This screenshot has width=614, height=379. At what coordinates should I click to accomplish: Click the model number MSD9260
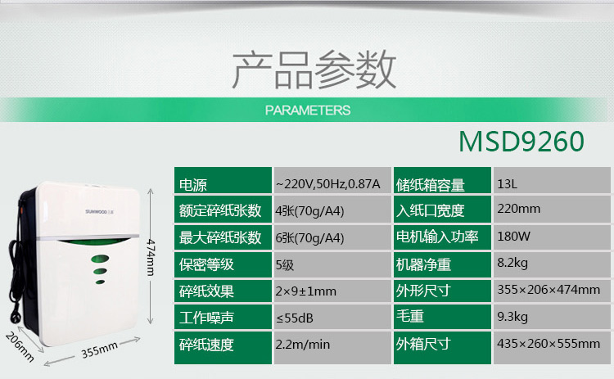click(521, 142)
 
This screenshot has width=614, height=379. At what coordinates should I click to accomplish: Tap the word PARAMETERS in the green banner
click(308, 111)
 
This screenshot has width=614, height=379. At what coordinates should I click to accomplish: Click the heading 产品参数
click(314, 70)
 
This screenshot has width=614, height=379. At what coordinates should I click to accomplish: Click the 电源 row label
click(192, 185)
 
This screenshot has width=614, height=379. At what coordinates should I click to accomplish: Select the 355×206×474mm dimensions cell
click(549, 290)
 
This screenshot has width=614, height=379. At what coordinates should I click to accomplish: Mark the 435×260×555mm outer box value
click(549, 344)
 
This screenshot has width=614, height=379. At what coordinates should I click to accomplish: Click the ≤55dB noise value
click(295, 318)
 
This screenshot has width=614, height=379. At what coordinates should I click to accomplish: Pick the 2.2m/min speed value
click(303, 345)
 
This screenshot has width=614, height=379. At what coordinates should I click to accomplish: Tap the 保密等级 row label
click(206, 264)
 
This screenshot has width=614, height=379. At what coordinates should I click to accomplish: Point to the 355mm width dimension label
click(99, 350)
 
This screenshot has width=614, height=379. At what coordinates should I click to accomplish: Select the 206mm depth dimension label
click(20, 346)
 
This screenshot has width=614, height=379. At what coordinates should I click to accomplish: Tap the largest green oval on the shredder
click(100, 259)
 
